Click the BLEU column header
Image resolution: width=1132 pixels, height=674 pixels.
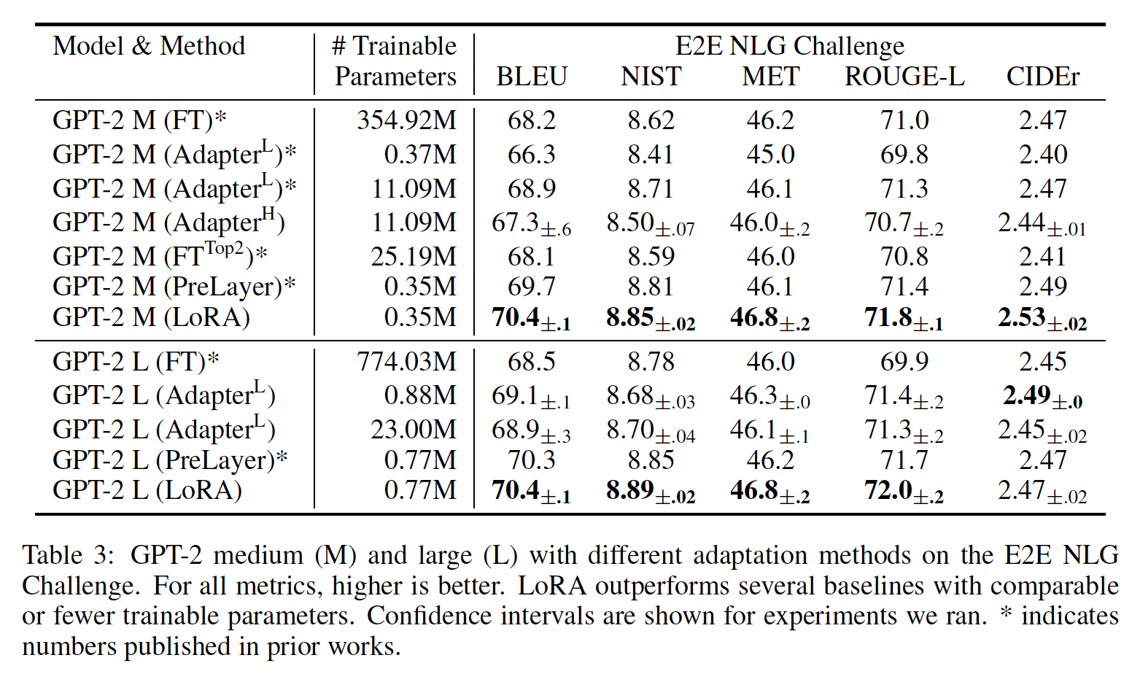(x=532, y=77)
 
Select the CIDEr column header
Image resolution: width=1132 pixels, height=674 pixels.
(x=1042, y=77)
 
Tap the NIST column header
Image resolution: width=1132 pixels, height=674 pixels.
(x=651, y=77)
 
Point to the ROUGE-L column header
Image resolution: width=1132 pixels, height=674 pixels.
(x=904, y=77)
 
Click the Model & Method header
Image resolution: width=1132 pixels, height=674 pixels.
(x=149, y=46)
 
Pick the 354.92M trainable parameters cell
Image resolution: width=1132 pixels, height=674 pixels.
(x=406, y=120)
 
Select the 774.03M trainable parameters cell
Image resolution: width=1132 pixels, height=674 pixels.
(x=406, y=362)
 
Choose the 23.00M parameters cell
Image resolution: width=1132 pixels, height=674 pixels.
(x=413, y=430)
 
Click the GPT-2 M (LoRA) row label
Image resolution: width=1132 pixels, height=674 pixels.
(x=151, y=317)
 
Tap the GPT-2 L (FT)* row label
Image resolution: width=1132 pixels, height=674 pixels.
(x=136, y=362)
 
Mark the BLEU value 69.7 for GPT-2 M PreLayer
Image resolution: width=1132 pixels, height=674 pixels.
(x=532, y=287)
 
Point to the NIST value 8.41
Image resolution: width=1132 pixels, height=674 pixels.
(x=651, y=155)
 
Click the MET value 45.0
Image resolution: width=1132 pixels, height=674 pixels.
(x=770, y=155)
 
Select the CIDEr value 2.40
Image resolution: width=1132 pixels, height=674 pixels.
(x=1042, y=155)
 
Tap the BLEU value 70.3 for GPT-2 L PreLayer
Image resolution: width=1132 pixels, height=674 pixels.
(x=532, y=460)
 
